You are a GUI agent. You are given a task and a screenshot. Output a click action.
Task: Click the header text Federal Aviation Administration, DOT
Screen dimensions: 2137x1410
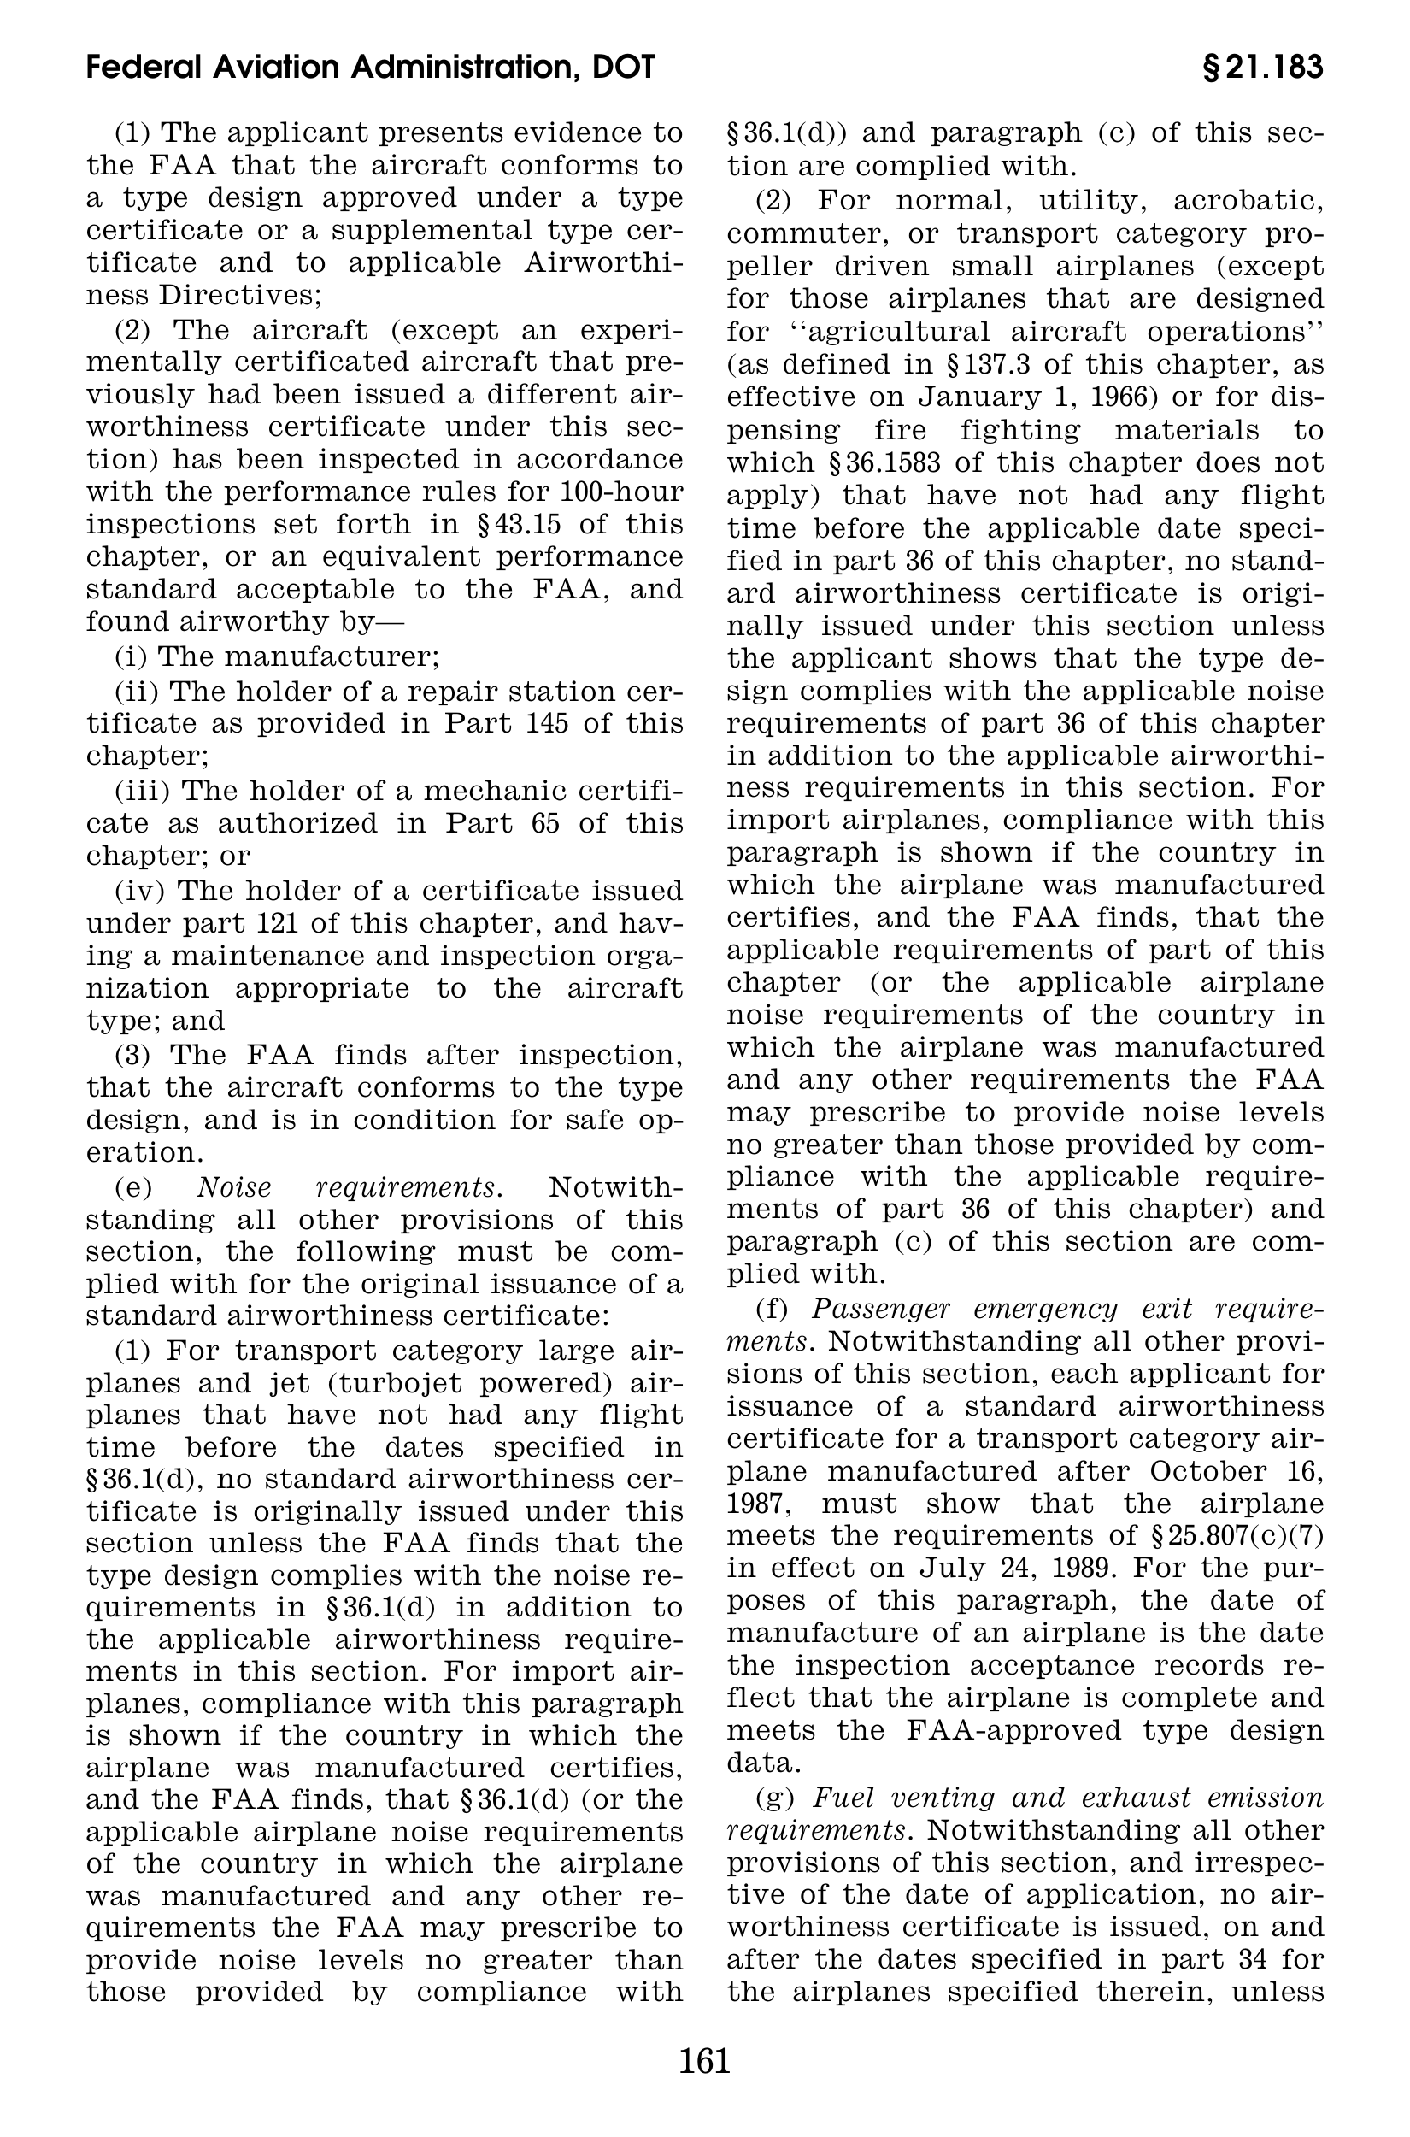click(371, 68)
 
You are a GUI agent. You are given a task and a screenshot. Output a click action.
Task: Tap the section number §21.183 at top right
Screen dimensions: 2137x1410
click(1261, 68)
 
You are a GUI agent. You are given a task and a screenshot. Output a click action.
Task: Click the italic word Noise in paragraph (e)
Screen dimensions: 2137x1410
click(234, 1187)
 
